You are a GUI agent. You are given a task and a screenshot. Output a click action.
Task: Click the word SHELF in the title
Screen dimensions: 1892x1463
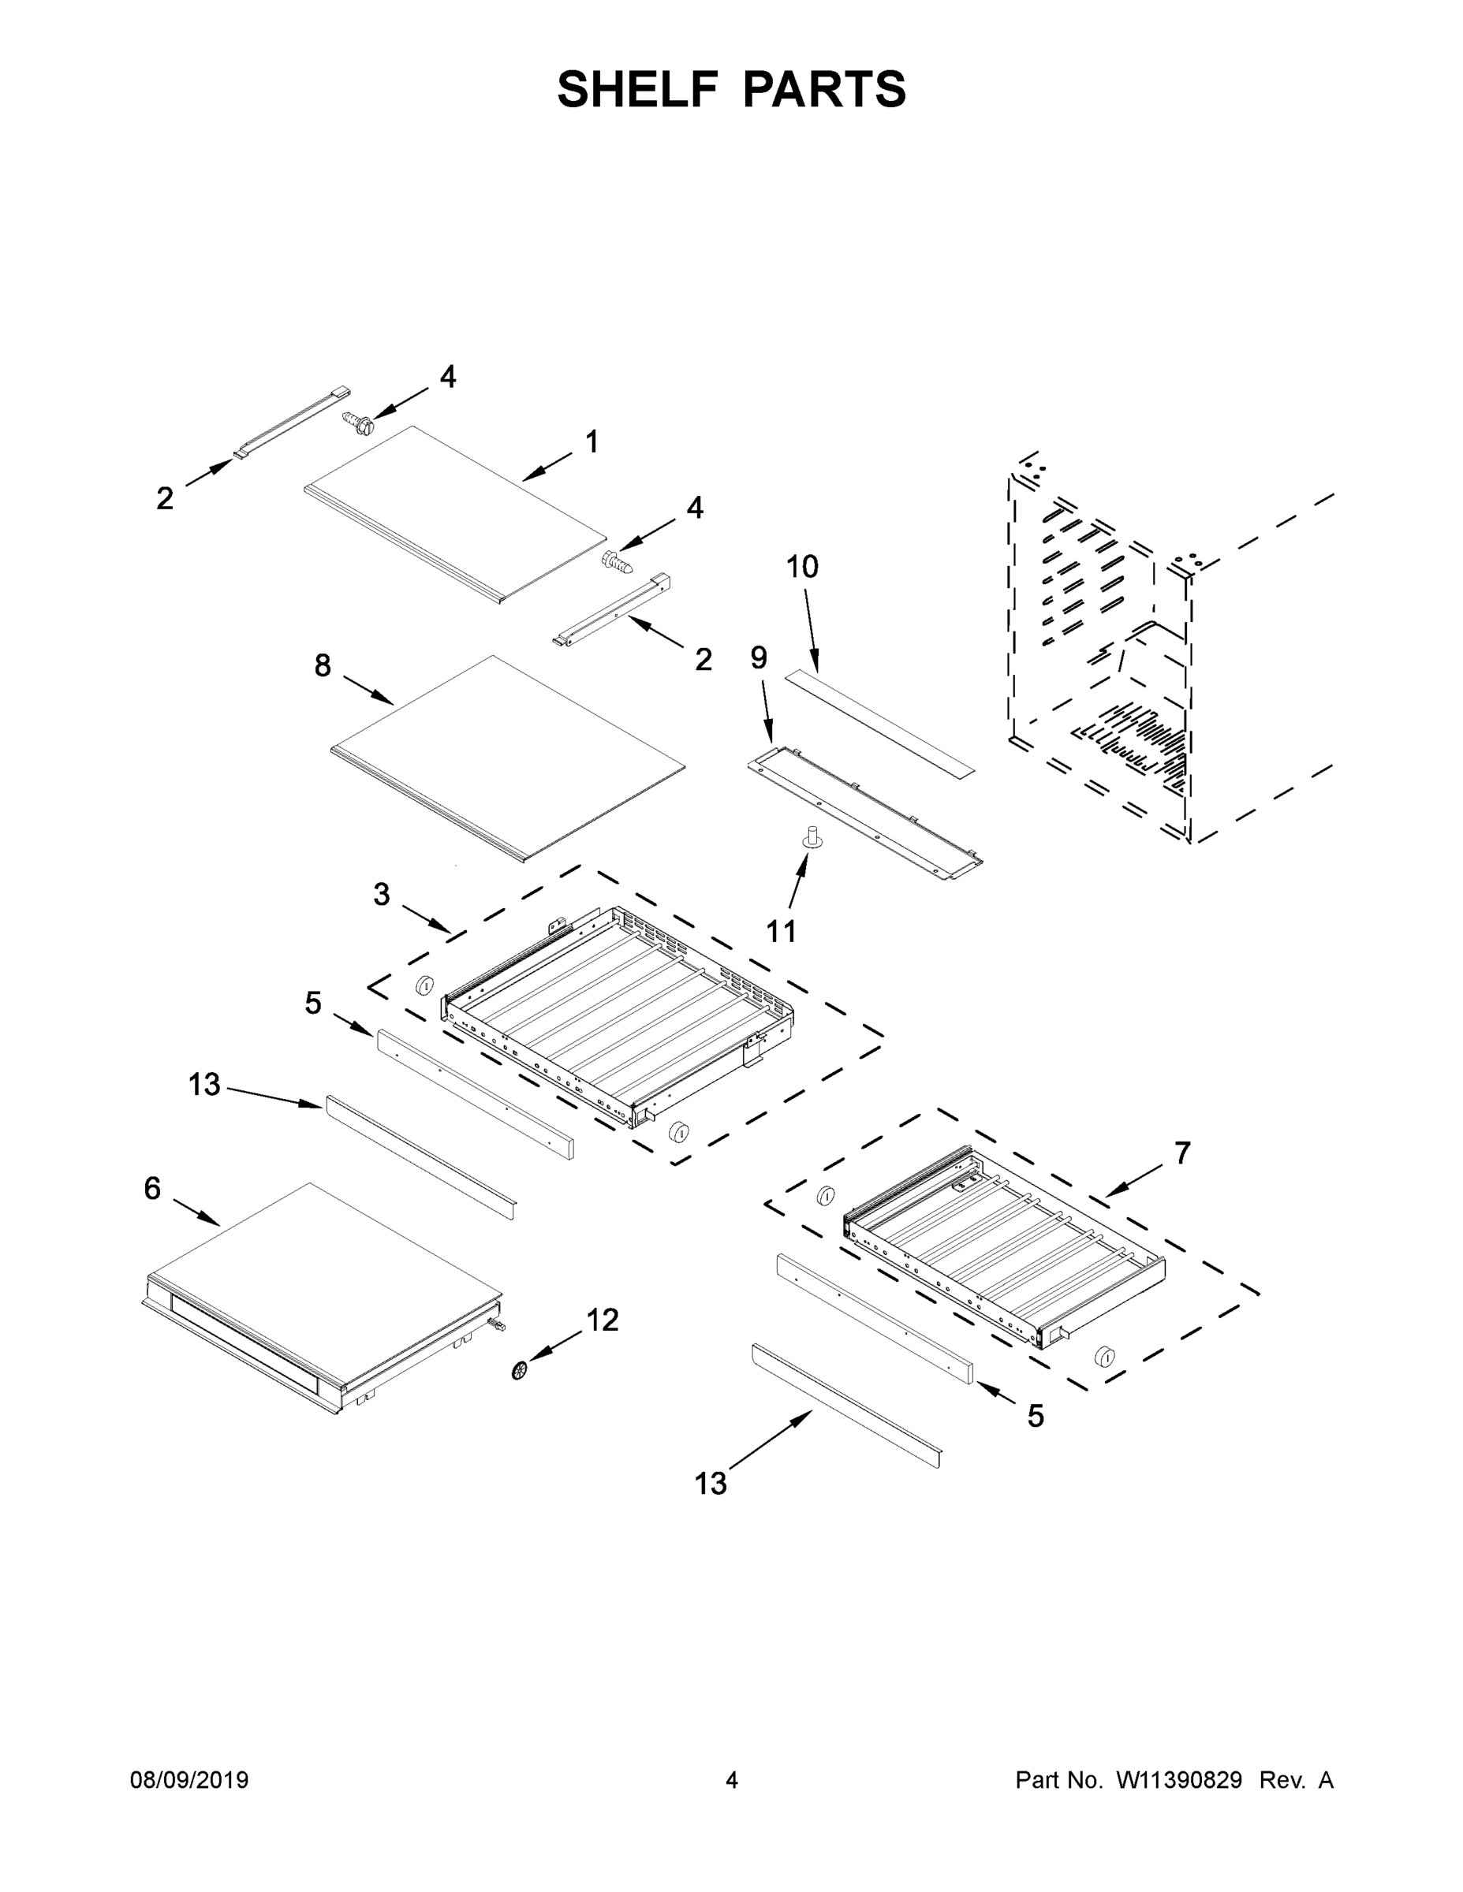point(638,89)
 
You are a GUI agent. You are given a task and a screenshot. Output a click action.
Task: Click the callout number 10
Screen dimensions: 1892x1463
point(802,567)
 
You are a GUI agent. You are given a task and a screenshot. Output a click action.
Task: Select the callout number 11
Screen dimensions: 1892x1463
point(781,931)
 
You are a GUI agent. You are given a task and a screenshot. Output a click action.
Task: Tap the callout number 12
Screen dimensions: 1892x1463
point(603,1320)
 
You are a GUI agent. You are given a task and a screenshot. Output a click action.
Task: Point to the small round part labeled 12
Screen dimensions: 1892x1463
point(520,1369)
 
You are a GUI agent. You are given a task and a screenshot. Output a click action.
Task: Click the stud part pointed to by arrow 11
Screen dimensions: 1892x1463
point(813,837)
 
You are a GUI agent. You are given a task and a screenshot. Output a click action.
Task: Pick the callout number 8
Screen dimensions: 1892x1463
point(323,665)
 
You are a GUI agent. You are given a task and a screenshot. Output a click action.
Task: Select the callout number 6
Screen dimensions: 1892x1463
point(152,1189)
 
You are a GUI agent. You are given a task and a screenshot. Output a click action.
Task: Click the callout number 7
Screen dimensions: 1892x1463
point(1182,1153)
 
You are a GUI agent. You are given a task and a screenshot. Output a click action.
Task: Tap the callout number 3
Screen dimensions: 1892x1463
point(382,894)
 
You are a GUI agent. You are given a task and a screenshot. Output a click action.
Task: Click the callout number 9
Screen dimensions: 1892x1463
point(759,658)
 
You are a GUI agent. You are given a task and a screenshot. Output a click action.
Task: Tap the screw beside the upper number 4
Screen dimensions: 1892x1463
point(357,423)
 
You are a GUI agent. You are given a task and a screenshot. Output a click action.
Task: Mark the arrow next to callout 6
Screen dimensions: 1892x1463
point(196,1212)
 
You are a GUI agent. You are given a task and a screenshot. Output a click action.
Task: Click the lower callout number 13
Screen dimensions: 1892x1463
point(711,1483)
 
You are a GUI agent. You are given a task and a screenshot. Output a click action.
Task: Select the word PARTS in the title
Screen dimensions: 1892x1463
point(824,89)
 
